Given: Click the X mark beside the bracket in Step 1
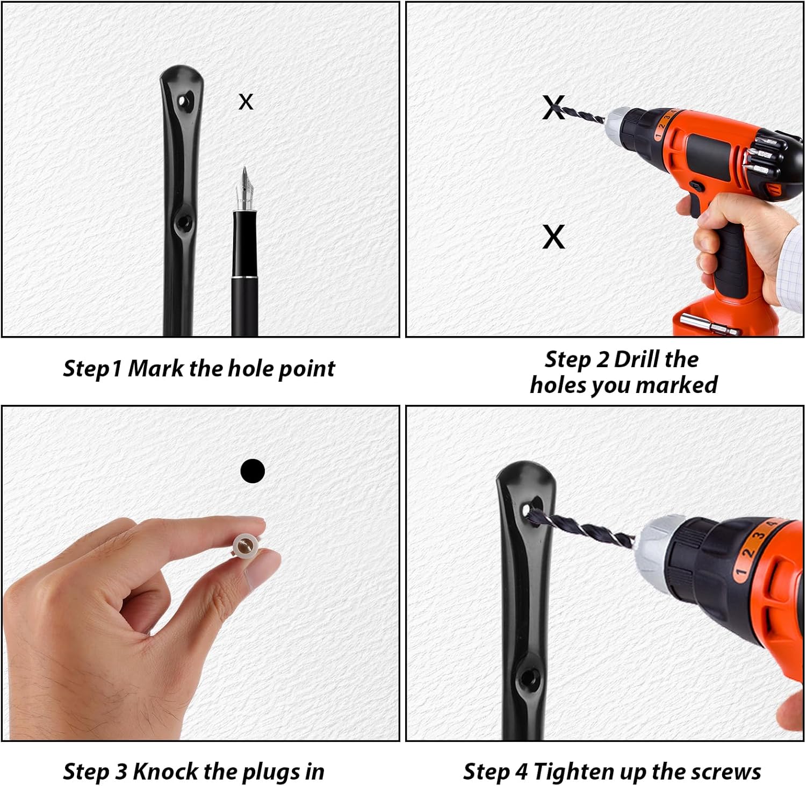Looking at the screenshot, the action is tap(246, 101).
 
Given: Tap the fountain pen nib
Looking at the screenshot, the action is tap(244, 188).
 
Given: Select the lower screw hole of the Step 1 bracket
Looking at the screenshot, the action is tap(183, 220).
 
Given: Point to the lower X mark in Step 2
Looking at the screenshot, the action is tap(553, 237).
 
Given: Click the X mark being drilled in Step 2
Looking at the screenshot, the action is tap(553, 107).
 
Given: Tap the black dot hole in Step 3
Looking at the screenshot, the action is tap(253, 471).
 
